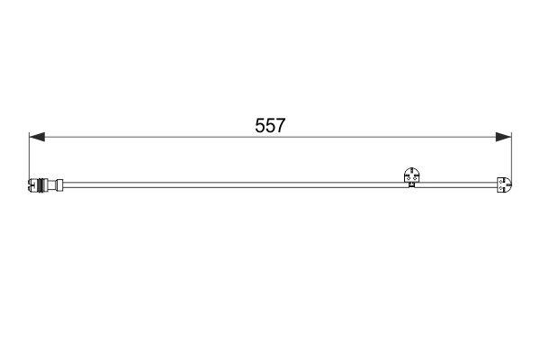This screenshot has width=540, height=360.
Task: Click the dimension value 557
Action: coord(270,125)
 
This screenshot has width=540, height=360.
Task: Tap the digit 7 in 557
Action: coord(280,125)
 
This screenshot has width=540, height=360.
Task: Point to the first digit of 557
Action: coord(260,125)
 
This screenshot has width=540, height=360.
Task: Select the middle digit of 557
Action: coord(270,125)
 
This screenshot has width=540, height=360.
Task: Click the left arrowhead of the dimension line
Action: coord(37,137)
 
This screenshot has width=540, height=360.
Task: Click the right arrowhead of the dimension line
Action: coord(503,137)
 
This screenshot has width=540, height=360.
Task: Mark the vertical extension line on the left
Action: coord(30,156)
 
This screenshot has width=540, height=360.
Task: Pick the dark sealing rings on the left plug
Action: coord(42,185)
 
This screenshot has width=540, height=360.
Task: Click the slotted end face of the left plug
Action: coord(31,185)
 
